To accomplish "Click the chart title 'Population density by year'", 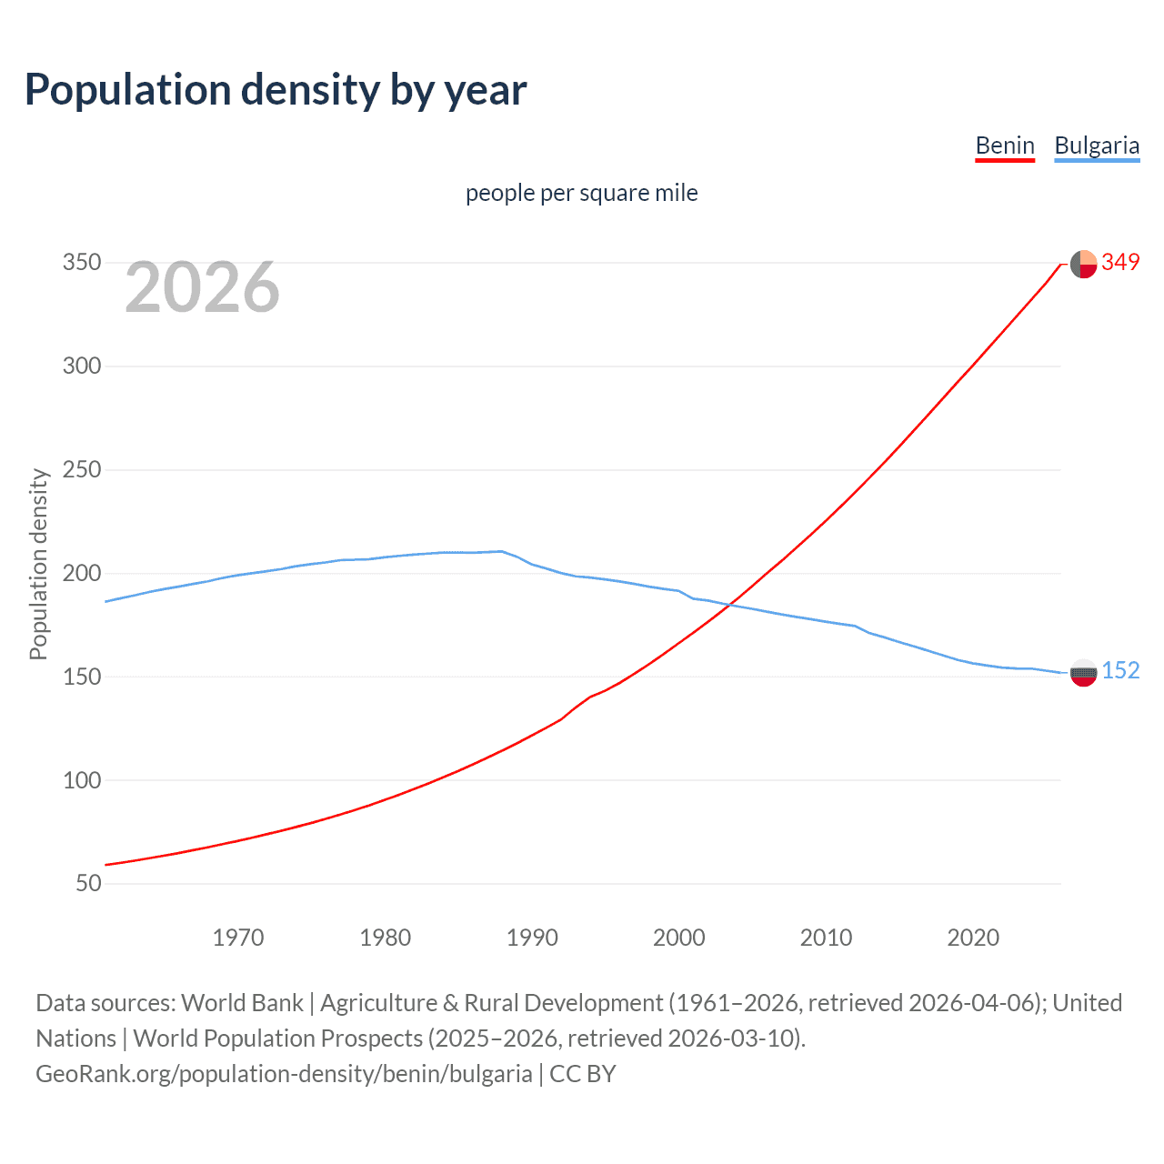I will pyautogui.click(x=276, y=90).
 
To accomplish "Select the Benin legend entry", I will pyautogui.click(x=1005, y=145).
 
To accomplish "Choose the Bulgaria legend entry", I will pyautogui.click(x=1097, y=145).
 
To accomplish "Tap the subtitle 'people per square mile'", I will pyautogui.click(x=581, y=193).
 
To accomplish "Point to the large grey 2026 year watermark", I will pyautogui.click(x=202, y=287).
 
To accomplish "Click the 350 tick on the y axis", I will pyautogui.click(x=82, y=263).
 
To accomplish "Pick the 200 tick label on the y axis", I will pyautogui.click(x=82, y=573).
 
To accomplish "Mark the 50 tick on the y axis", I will pyautogui.click(x=88, y=883).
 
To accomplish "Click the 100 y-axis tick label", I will pyautogui.click(x=82, y=780).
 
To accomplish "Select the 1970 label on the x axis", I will pyautogui.click(x=238, y=938).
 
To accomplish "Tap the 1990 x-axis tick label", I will pyautogui.click(x=532, y=938).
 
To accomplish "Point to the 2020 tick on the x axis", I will pyautogui.click(x=973, y=938).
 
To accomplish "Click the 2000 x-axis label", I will pyautogui.click(x=679, y=938).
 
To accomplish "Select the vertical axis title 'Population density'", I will pyautogui.click(x=38, y=564).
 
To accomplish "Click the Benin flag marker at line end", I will pyautogui.click(x=1083, y=264).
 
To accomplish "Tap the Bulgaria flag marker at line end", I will pyautogui.click(x=1083, y=673).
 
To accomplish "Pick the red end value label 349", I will pyautogui.click(x=1120, y=262).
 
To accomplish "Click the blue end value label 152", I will pyautogui.click(x=1120, y=670).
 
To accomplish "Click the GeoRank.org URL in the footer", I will pyautogui.click(x=284, y=1073).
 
